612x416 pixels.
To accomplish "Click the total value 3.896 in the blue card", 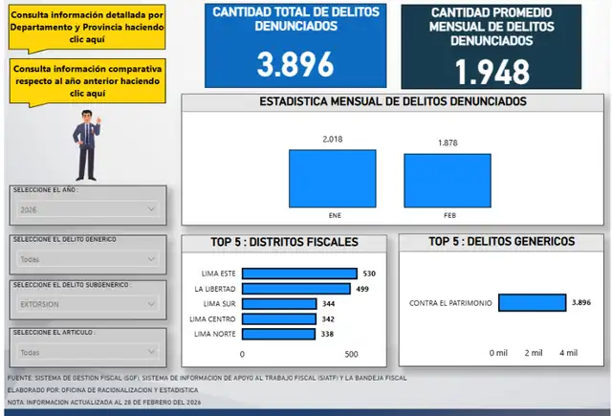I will (295, 65).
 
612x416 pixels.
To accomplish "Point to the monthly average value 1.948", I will (492, 72).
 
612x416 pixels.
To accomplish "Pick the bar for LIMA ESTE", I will (299, 274).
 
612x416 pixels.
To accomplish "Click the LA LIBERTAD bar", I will (296, 288).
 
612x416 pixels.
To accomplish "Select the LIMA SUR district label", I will (215, 303).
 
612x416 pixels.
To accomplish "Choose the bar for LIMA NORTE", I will (269, 334).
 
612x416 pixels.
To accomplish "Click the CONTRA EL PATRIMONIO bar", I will (532, 303).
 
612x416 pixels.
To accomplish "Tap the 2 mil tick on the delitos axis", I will (533, 353).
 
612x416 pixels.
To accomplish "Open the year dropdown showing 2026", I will (87, 208).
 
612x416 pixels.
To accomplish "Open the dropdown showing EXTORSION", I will (87, 304).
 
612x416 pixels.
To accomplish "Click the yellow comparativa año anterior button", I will (87, 81).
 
